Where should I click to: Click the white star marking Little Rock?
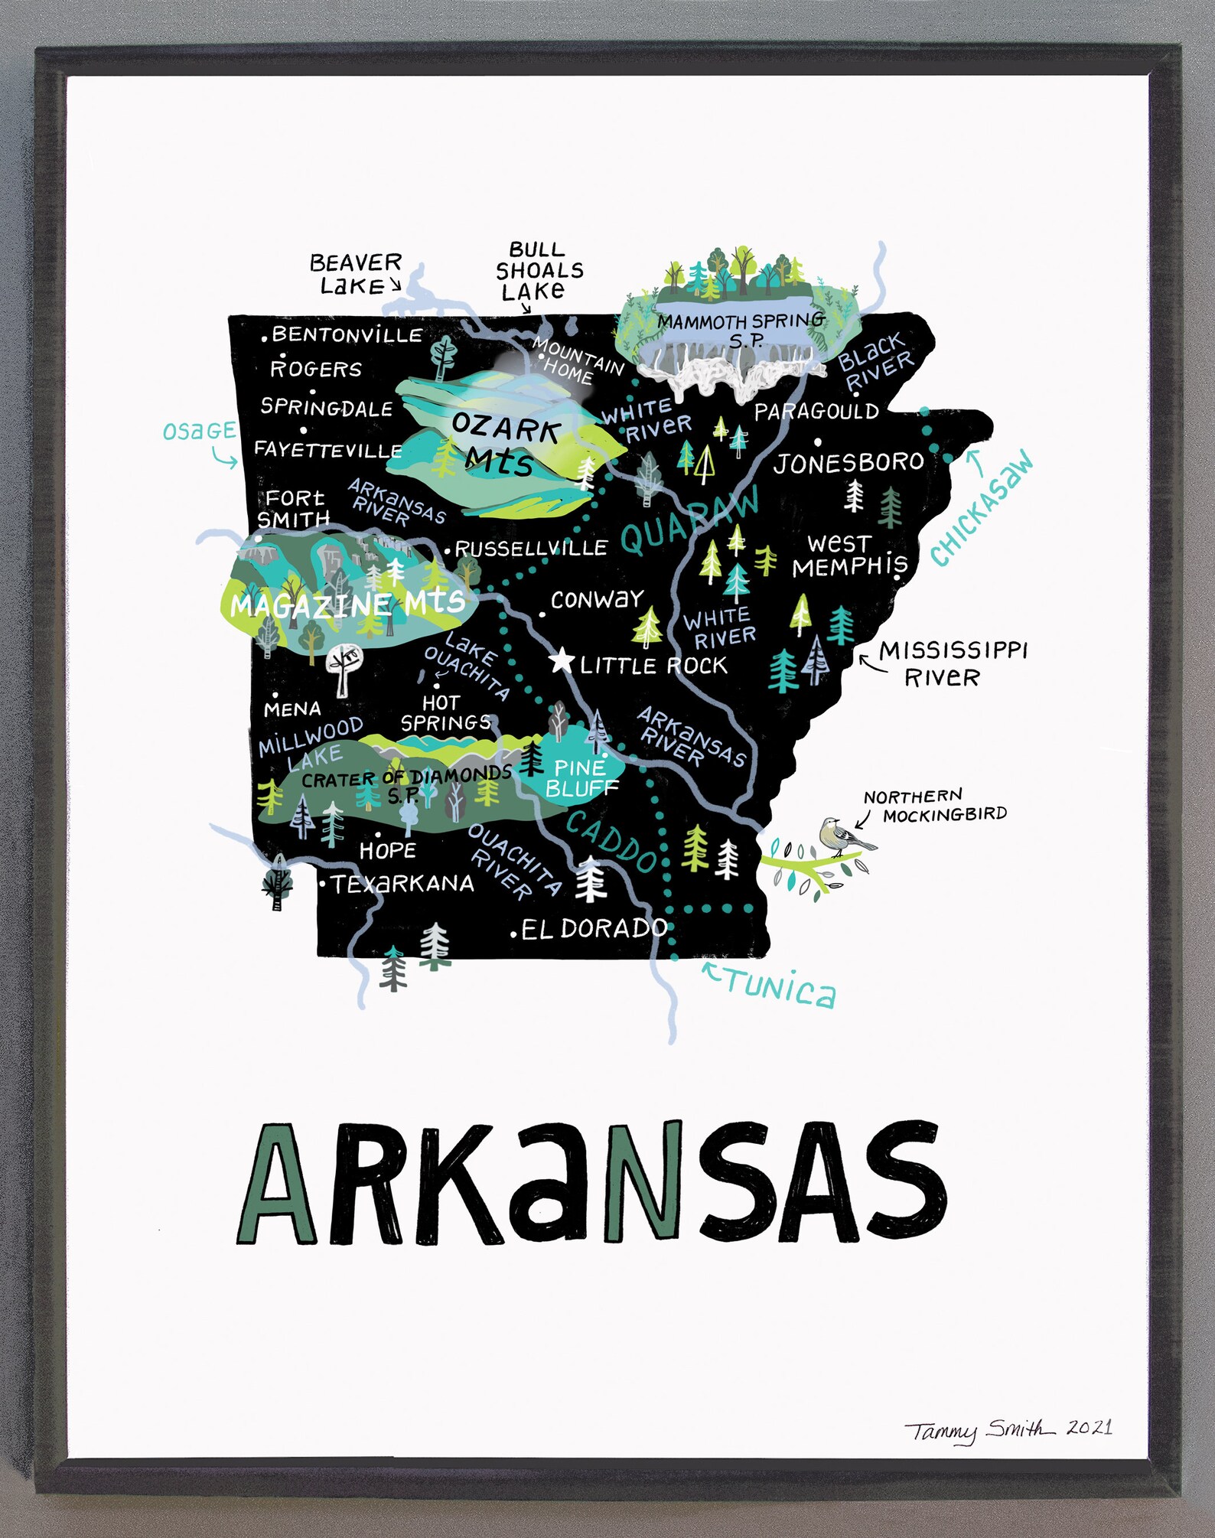[x=562, y=660]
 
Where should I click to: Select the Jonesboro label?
[x=848, y=463]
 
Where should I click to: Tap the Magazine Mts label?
[x=348, y=604]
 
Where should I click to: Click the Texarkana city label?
[x=402, y=884]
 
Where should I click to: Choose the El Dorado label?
[x=593, y=929]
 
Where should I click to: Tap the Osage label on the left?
[x=199, y=432]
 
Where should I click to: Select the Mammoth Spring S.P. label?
[x=741, y=328]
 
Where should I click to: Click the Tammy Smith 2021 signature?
[x=1008, y=1429]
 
